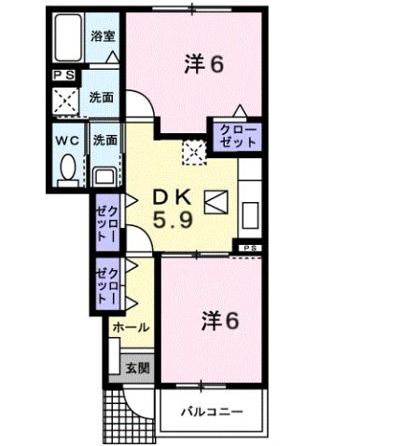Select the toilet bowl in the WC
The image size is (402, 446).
point(68,169)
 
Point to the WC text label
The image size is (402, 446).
point(66,141)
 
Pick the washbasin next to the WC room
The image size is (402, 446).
point(104,172)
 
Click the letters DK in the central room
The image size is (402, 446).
point(172,197)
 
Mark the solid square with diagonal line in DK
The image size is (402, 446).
point(215,201)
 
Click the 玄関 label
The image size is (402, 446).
point(136,367)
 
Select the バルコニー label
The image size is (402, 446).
point(213,410)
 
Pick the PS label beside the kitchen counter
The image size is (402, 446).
point(250,248)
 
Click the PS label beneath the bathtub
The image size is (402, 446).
point(64,74)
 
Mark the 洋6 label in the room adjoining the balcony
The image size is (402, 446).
point(218,320)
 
